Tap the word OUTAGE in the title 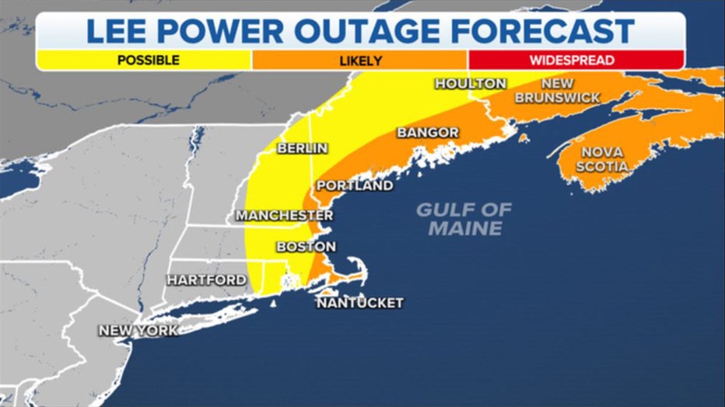coord(381,31)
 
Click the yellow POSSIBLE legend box coord(143,60)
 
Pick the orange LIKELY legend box coord(359,60)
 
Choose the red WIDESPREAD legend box coord(576,60)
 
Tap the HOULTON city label coord(470,83)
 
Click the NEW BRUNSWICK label coord(558,90)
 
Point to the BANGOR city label coord(428,133)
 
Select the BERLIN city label coord(302,148)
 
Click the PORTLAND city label coord(354,186)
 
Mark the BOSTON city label coord(306,246)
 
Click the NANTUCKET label coord(359,302)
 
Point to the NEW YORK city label coord(138,330)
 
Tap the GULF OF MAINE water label coord(464,218)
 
